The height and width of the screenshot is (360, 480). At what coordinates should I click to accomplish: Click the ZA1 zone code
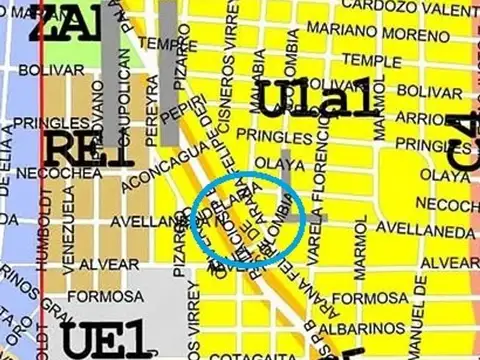(x=66, y=22)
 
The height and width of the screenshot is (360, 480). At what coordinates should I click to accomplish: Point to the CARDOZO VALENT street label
(x=409, y=7)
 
